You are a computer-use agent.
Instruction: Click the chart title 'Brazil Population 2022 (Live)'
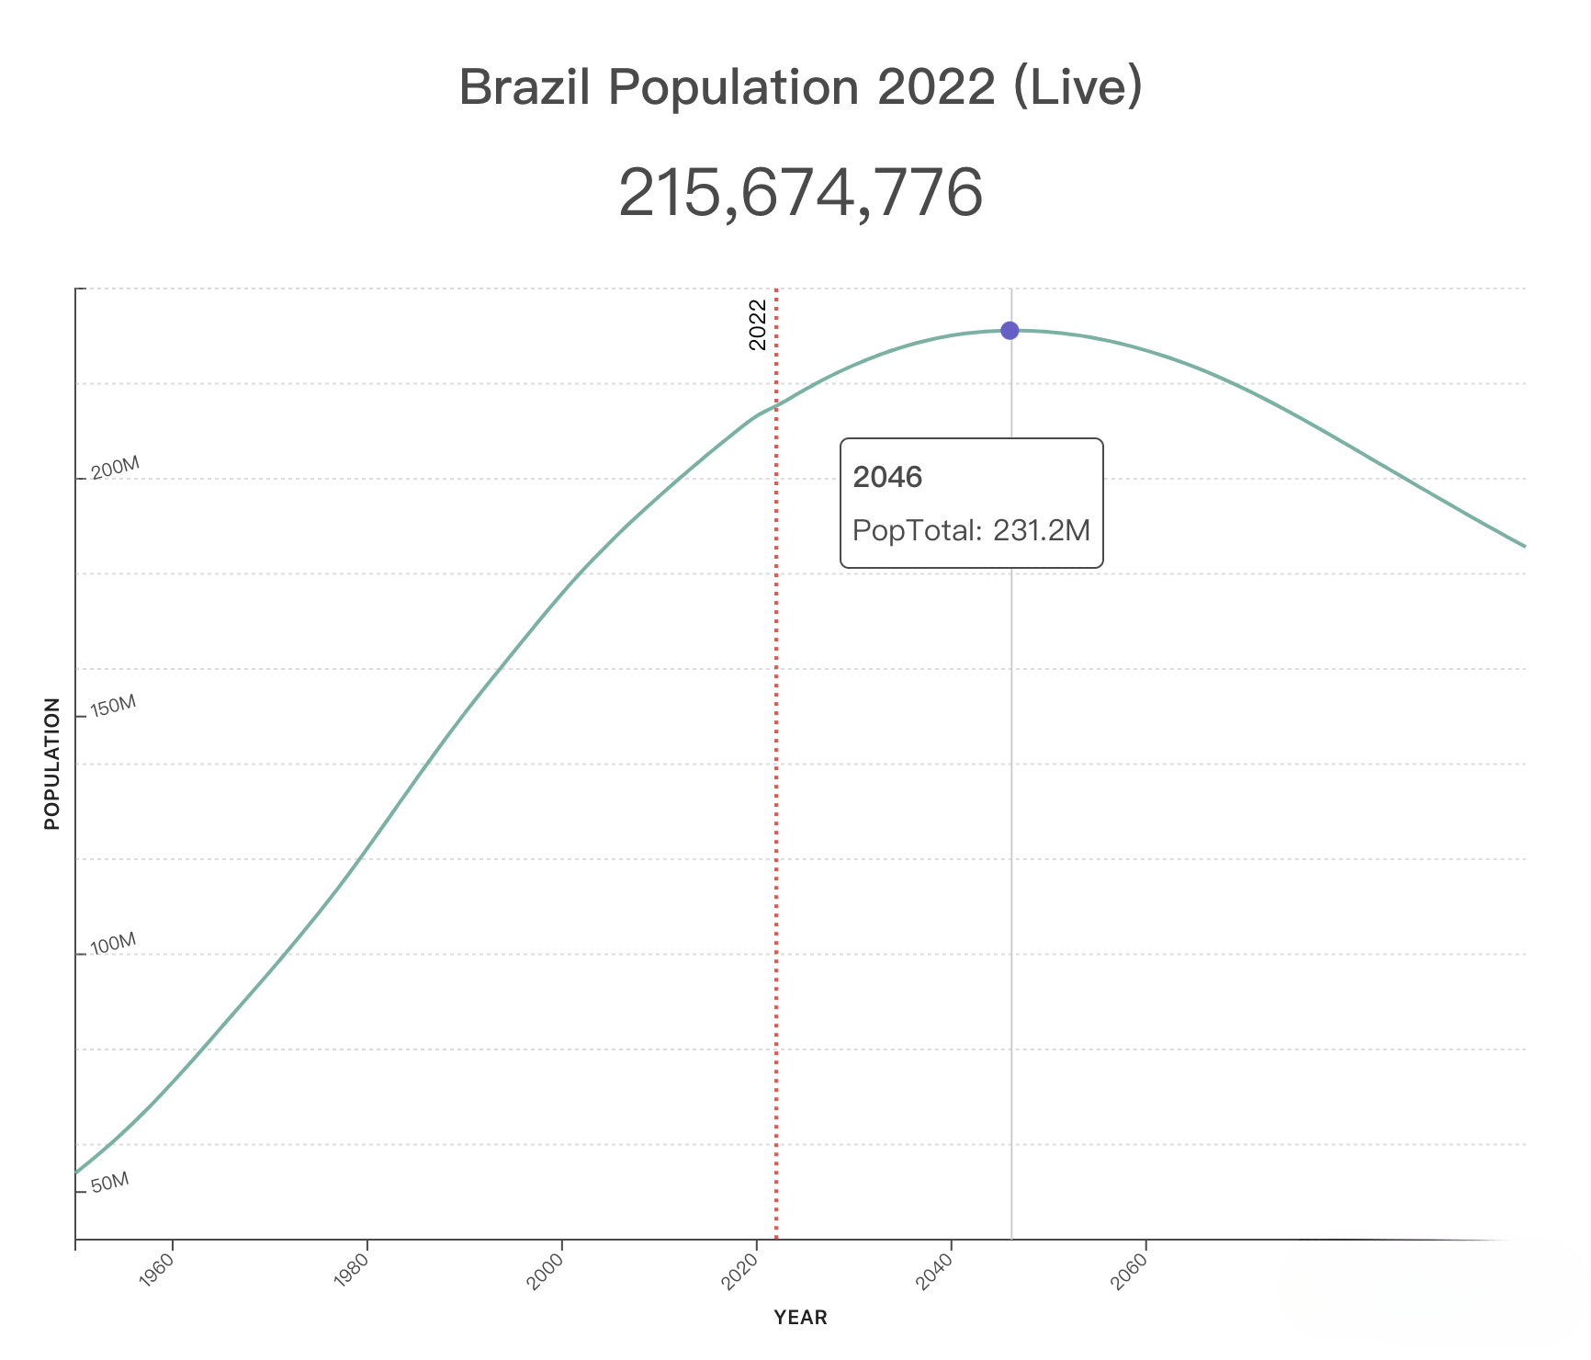[x=800, y=88]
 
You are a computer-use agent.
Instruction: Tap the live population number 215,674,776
[x=800, y=194]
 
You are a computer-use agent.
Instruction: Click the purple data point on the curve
[x=1010, y=331]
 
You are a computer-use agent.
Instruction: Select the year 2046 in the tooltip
[x=887, y=477]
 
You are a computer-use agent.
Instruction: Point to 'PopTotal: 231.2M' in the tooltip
[x=971, y=530]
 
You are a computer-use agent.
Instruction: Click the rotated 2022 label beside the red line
[x=758, y=325]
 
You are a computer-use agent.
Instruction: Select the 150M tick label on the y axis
[x=114, y=706]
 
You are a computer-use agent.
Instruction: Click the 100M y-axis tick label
[x=114, y=944]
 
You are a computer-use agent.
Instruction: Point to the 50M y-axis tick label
[x=110, y=1183]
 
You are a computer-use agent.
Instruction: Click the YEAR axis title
[x=800, y=1318]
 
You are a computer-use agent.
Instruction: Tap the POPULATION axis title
[x=52, y=764]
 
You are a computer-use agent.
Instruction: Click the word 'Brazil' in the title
[x=520, y=88]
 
